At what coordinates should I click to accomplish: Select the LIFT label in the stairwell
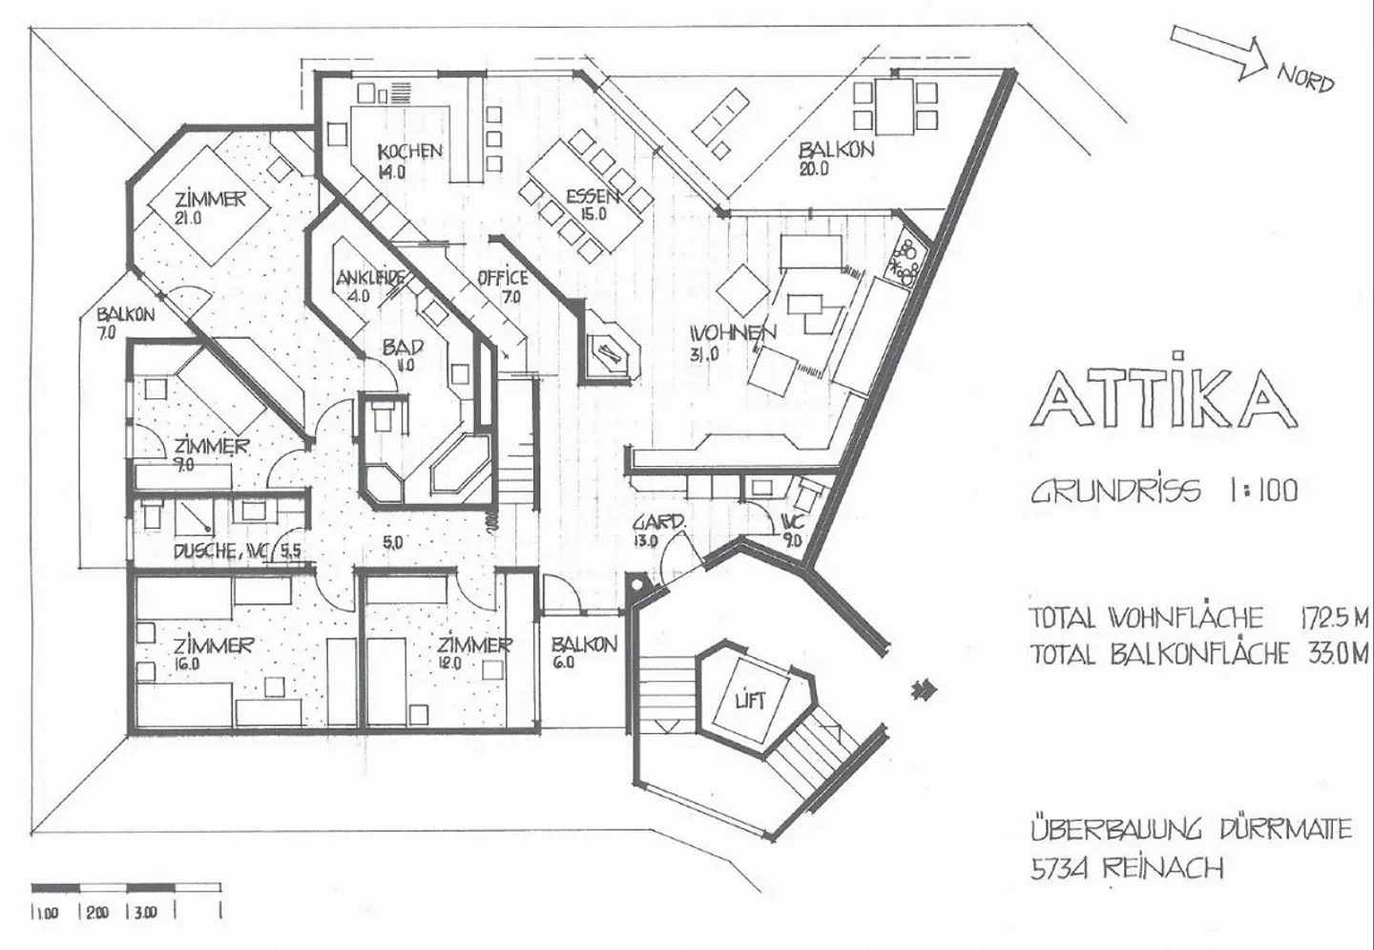pos(751,701)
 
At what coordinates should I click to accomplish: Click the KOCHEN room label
pos(410,151)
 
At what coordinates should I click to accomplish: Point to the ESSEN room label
pos(592,197)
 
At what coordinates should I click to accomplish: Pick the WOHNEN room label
pos(733,332)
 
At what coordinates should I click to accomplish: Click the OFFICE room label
pos(503,278)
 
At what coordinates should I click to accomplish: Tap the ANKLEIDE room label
pos(371,279)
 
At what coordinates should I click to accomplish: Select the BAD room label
pos(402,348)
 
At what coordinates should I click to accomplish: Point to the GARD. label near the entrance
pos(658,523)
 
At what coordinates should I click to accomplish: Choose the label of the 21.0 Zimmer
pos(209,200)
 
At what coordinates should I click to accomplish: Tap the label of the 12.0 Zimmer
pos(474,645)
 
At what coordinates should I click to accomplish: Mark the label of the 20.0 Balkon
pos(836,151)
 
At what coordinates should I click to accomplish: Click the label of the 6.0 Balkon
pos(584,644)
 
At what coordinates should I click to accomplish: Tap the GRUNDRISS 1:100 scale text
pos(1164,491)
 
